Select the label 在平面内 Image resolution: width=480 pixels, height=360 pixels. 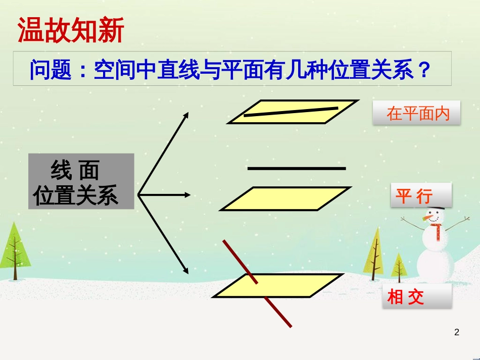click(417, 113)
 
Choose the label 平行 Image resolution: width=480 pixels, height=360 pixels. click(414, 195)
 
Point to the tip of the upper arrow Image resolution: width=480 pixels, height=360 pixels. click(188, 113)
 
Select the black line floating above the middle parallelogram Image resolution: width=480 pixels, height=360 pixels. click(297, 168)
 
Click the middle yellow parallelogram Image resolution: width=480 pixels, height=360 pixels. click(285, 198)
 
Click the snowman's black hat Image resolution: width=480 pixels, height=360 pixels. click(439, 204)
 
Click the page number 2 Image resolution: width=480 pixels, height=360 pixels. click(457, 332)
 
